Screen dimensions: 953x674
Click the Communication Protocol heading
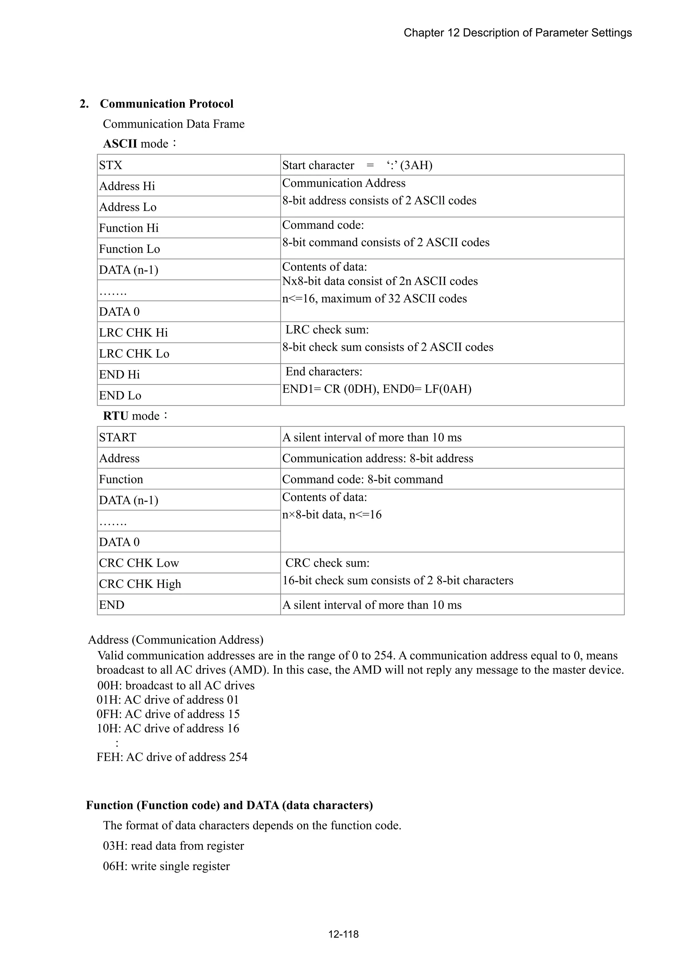pos(167,104)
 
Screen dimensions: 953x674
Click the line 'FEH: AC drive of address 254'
pos(172,757)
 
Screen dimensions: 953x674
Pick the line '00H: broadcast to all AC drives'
pos(176,686)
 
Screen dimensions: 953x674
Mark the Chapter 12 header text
pos(517,33)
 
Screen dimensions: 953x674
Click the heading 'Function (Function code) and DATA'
pos(229,805)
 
